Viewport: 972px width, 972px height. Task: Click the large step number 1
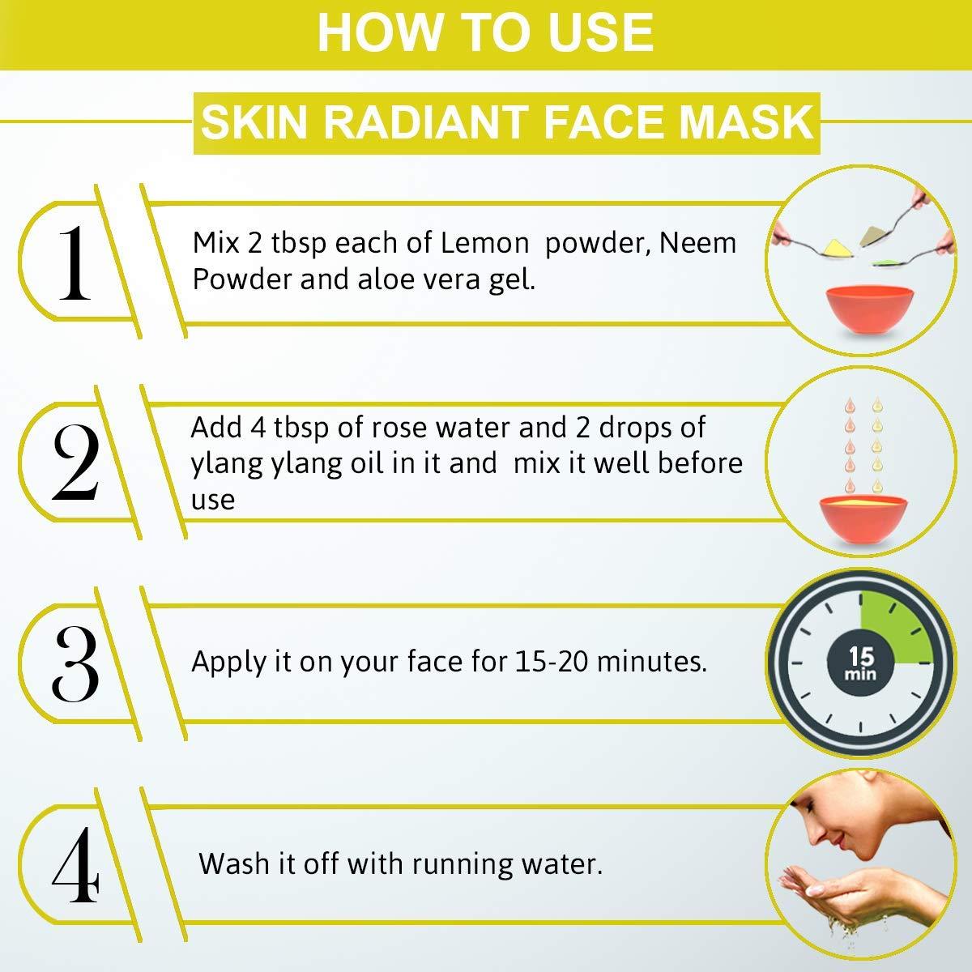pyautogui.click(x=75, y=262)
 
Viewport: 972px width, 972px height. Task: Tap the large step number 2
pyautogui.click(x=75, y=463)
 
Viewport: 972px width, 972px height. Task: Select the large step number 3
pyautogui.click(x=75, y=664)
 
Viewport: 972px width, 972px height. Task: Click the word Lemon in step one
pyautogui.click(x=484, y=243)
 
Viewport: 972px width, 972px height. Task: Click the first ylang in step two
pyautogui.click(x=227, y=465)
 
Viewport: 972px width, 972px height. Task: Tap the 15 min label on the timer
pyautogui.click(x=861, y=663)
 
